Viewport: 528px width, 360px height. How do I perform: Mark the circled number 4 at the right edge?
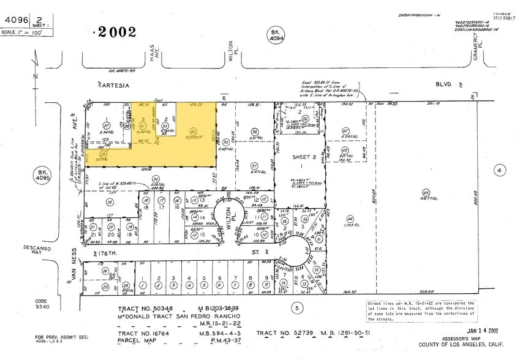click(x=500, y=170)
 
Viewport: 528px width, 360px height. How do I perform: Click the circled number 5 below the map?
click(x=297, y=308)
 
